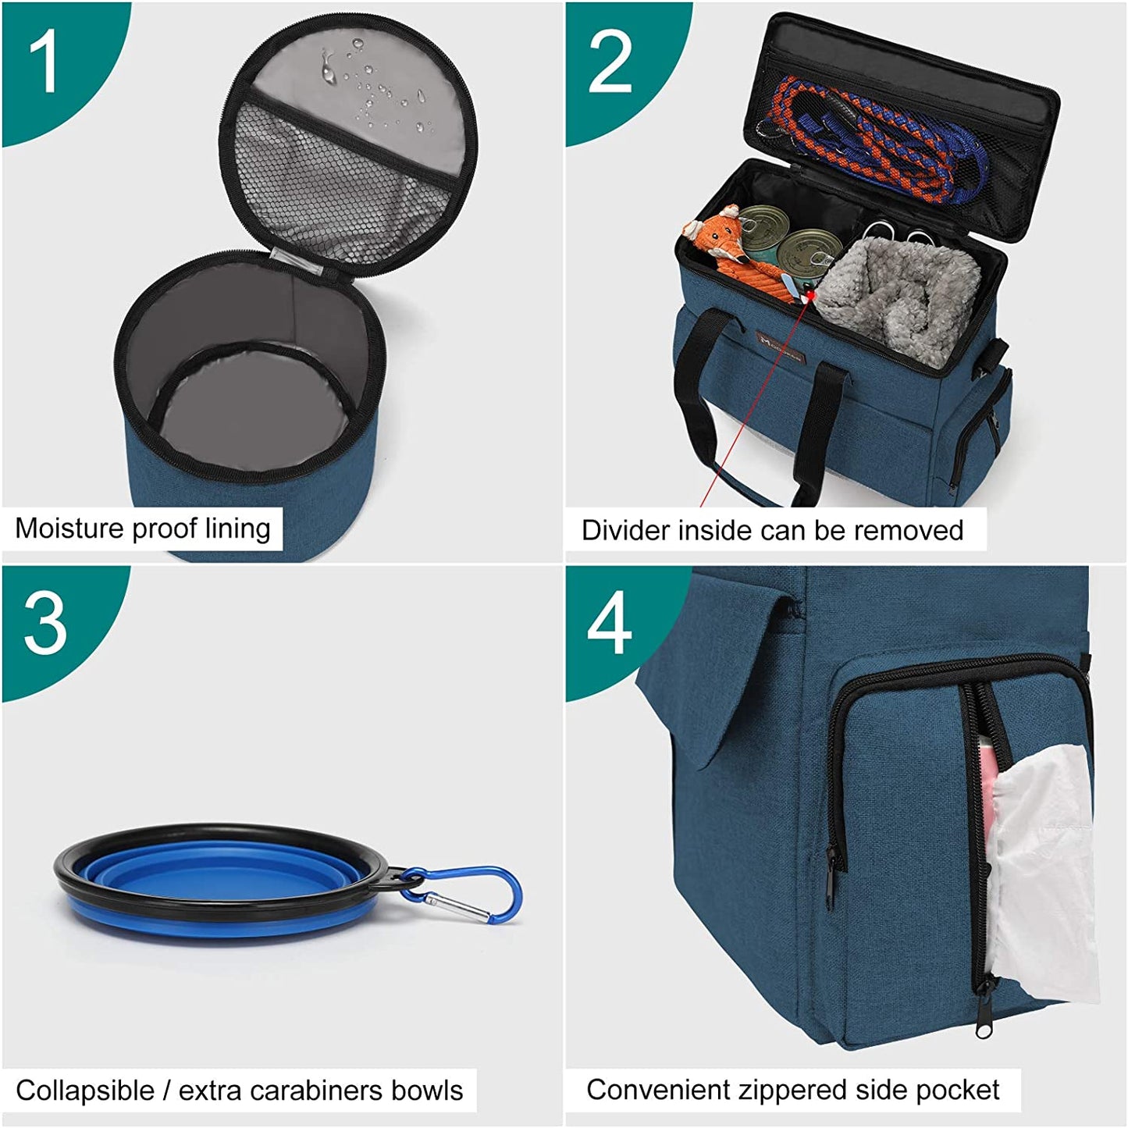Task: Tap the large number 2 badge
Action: [x=610, y=62]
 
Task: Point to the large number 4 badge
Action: [x=609, y=624]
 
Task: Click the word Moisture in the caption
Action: [x=69, y=528]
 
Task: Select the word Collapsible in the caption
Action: [x=84, y=1091]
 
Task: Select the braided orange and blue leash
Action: [x=874, y=133]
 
